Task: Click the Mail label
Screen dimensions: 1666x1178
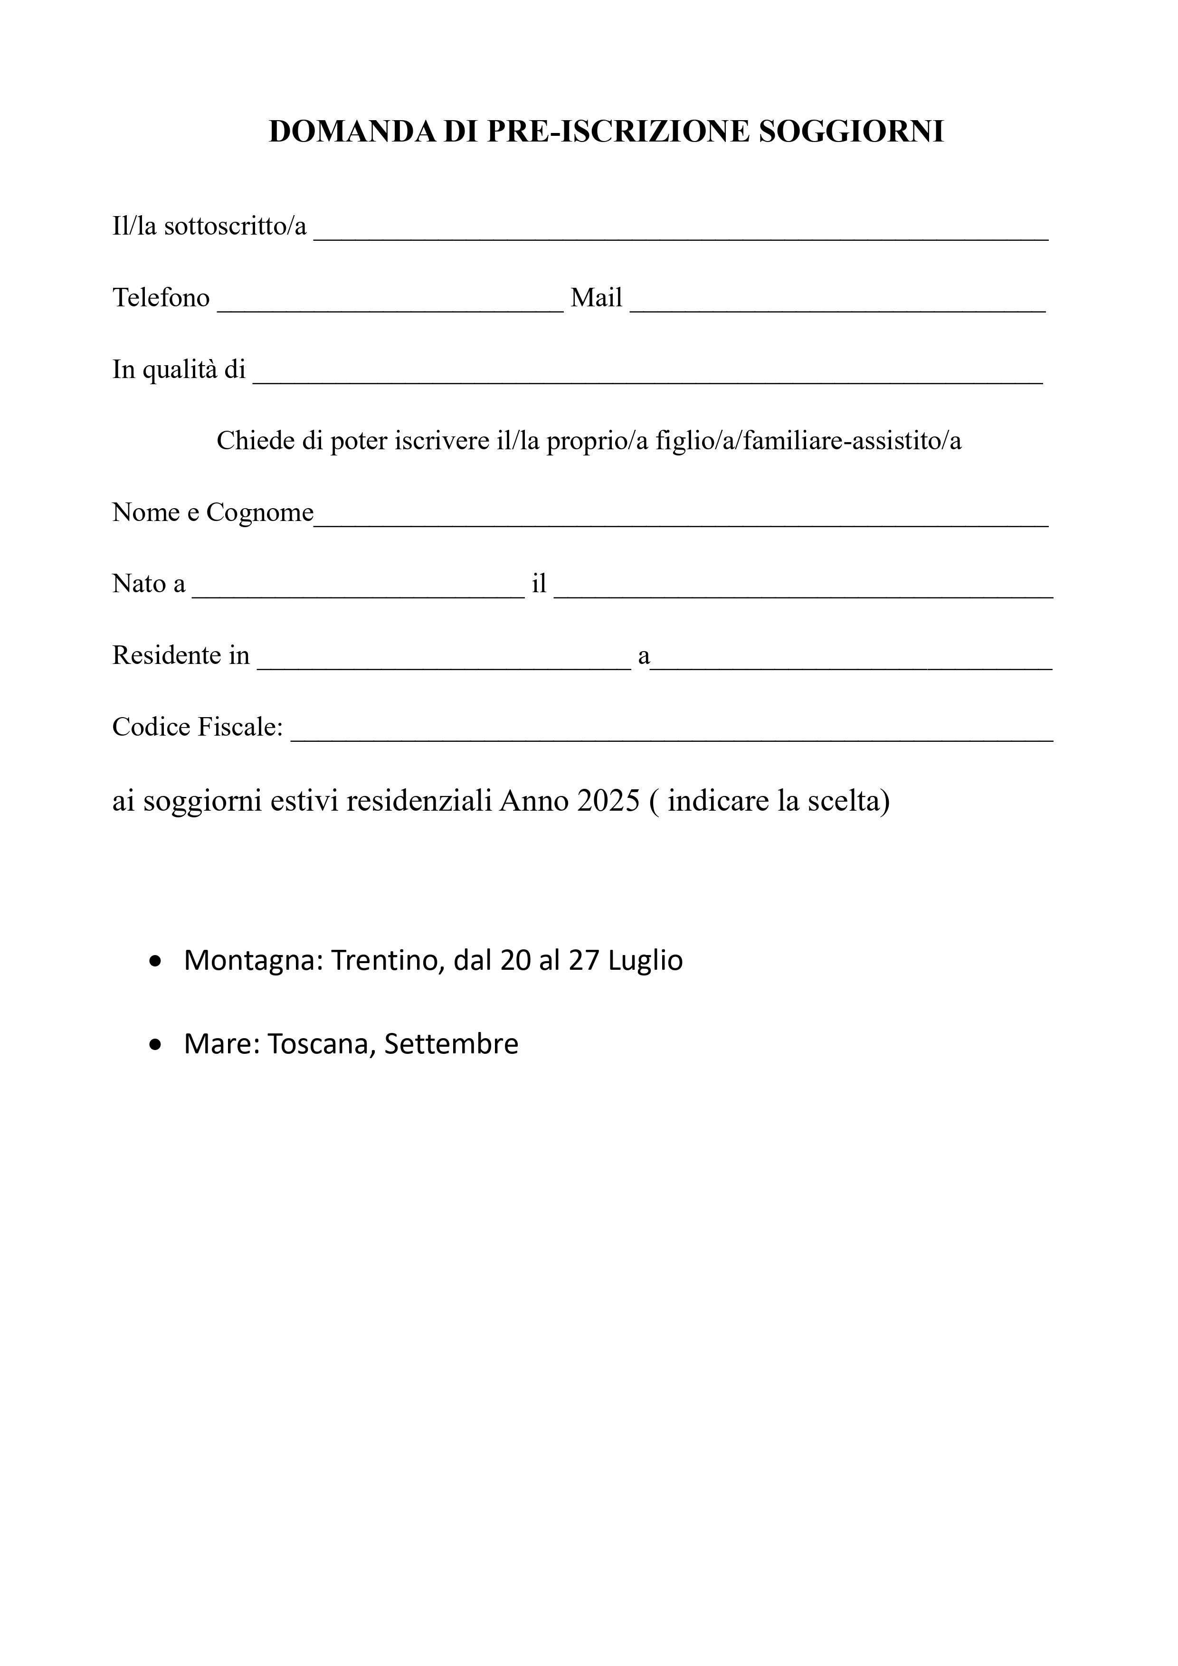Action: click(596, 297)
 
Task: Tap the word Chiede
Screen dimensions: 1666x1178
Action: click(251, 440)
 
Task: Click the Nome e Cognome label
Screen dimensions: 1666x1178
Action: click(213, 512)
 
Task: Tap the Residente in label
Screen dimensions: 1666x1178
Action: click(180, 655)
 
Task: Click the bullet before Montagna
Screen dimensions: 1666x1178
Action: click(154, 962)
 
